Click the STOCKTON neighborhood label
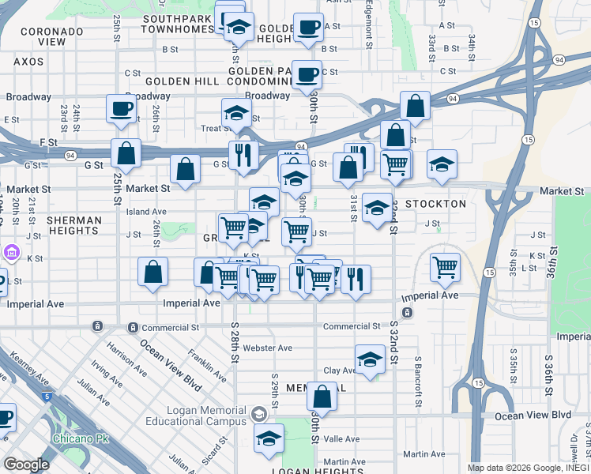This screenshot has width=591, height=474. pos(435,204)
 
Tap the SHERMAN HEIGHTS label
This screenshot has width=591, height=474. pos(73,226)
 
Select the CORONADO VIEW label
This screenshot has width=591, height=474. pos(52,36)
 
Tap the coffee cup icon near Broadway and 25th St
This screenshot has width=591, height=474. pos(122,110)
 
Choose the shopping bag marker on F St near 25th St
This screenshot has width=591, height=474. pos(126,154)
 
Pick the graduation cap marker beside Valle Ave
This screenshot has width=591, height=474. pos(269,439)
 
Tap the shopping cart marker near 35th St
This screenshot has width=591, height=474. pos(446,268)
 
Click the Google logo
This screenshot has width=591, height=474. pos(25,464)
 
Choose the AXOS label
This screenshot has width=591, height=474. pos(28,61)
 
